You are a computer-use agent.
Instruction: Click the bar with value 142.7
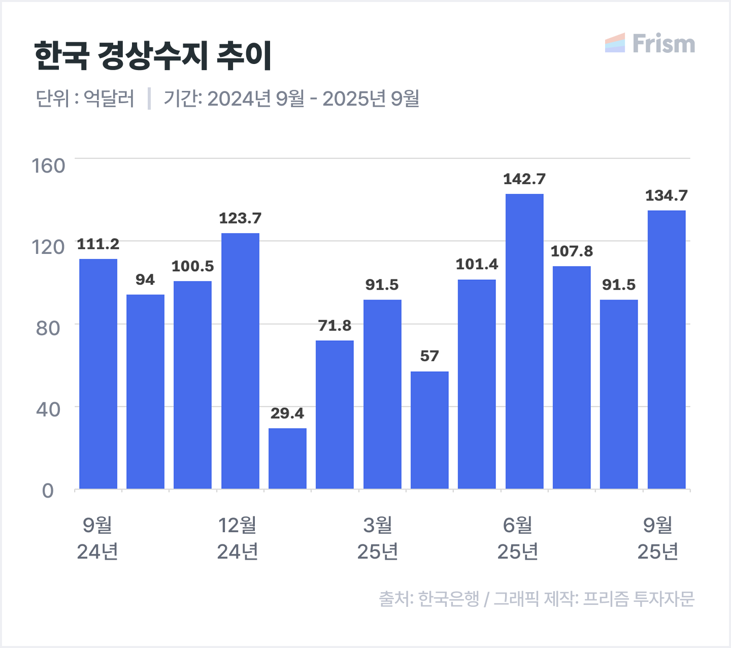tap(524, 341)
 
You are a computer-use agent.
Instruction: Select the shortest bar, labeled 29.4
tap(287, 459)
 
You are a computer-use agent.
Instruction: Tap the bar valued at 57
tap(429, 430)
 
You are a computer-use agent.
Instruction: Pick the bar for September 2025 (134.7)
tap(667, 349)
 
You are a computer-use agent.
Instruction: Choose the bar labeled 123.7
tap(240, 361)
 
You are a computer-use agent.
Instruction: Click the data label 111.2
tap(98, 244)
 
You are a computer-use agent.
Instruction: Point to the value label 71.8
tap(335, 326)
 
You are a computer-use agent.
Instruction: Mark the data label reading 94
tap(145, 280)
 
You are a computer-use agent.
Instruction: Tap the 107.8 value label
tap(572, 251)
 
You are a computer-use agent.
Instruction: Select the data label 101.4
tap(477, 265)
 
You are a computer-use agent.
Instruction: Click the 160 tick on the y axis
tap(49, 166)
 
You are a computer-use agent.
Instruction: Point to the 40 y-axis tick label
tap(48, 409)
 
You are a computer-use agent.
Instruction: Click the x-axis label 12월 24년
tap(238, 538)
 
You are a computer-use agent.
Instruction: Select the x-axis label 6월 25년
tap(518, 538)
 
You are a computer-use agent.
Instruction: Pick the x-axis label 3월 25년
tap(378, 538)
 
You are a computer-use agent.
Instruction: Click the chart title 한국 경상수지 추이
tap(153, 55)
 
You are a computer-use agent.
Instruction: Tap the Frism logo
tap(650, 44)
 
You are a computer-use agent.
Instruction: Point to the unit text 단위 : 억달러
tap(85, 99)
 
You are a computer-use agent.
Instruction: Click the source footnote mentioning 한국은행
tap(536, 599)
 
